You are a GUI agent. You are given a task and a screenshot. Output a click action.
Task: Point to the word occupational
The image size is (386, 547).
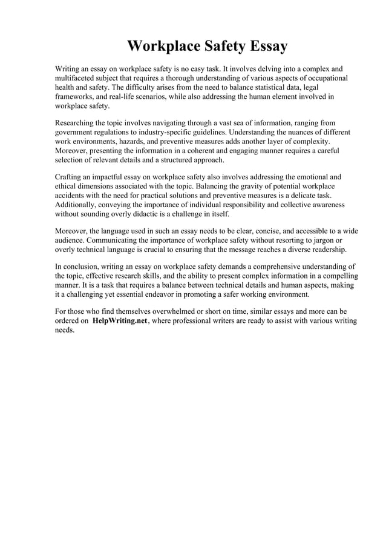click(325, 79)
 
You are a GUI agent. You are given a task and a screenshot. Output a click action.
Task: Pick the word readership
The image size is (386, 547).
click(342, 250)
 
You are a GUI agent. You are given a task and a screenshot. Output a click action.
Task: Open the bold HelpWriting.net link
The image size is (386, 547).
click(120, 322)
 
